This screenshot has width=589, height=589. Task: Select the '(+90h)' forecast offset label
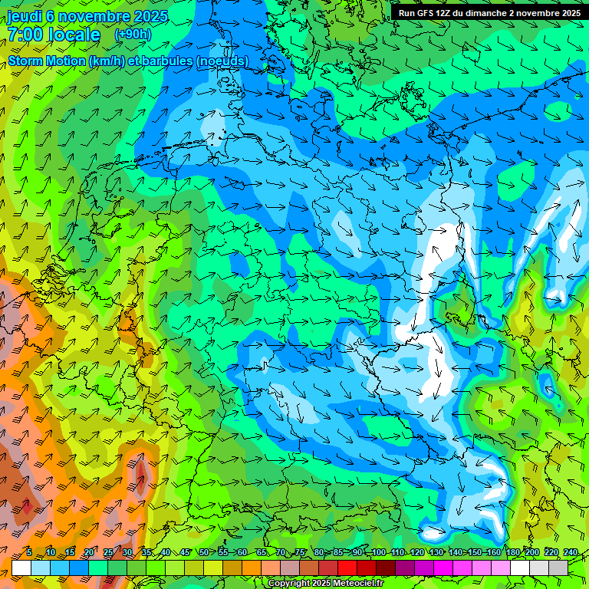[x=133, y=35]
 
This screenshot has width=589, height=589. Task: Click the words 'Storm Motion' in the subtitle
[x=47, y=61]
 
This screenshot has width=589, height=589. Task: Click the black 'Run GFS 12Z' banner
[x=489, y=13]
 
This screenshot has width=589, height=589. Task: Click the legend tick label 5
[x=28, y=553]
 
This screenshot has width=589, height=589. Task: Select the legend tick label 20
[x=89, y=553]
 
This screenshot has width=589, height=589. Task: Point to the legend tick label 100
[x=378, y=553]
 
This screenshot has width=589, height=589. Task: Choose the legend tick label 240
[x=570, y=553]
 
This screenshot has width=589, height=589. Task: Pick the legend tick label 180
[x=512, y=553]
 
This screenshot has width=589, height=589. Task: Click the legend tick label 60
[x=242, y=553]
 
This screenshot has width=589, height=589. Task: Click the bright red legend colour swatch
[x=347, y=568]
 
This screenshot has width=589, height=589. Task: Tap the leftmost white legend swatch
[x=21, y=568]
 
